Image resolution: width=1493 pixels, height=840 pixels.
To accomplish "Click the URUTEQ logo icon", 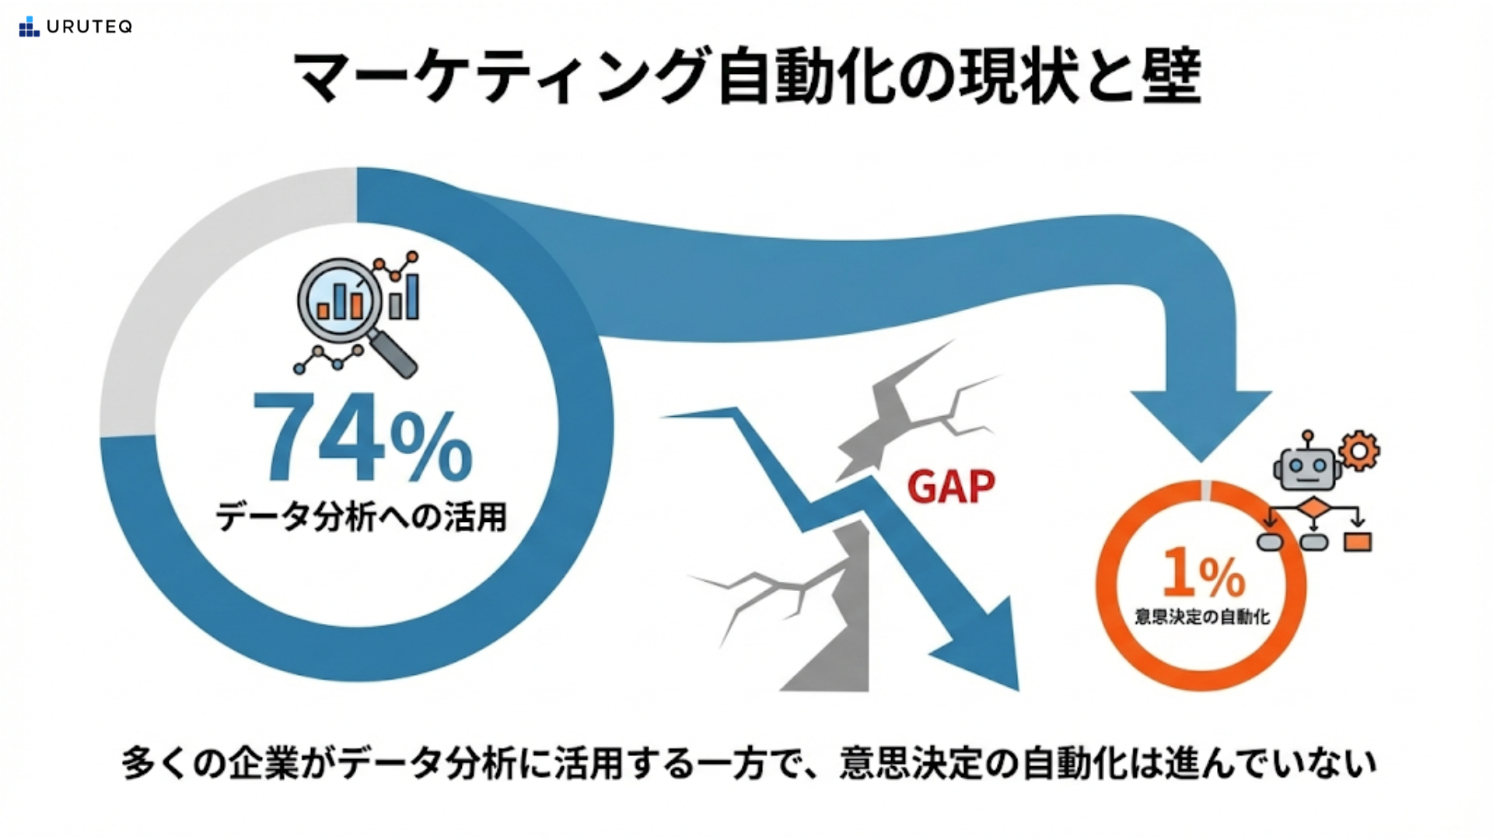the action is click(29, 26).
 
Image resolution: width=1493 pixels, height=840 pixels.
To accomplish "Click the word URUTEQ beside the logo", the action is click(89, 27).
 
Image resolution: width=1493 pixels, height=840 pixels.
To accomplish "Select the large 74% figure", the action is click(362, 438).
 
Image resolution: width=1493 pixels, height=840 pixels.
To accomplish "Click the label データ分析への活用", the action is click(362, 516).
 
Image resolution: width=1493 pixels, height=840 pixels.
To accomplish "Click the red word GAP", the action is click(951, 488).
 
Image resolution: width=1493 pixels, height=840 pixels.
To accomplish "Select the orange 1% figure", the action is click(1204, 573).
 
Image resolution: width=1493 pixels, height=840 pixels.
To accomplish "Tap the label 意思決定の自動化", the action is click(1202, 617).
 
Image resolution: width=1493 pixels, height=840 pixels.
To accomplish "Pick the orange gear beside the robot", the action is click(1359, 450).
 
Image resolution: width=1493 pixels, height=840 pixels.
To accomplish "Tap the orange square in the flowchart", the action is click(1358, 541).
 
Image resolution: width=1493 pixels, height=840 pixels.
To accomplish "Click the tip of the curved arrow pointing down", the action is click(1201, 462).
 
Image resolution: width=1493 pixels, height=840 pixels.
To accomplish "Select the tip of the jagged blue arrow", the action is click(1018, 690).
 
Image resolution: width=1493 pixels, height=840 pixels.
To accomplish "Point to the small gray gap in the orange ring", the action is click(1206, 490).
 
